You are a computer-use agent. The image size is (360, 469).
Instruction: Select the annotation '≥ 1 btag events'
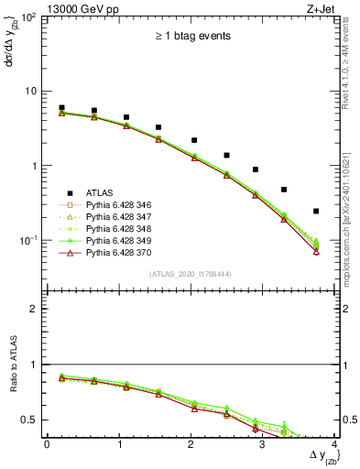tap(191, 37)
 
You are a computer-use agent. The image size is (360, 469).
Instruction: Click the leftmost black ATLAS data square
tap(61, 108)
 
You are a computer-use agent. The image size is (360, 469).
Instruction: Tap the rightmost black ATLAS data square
tap(316, 212)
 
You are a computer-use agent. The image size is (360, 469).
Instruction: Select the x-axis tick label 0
tap(47, 444)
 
